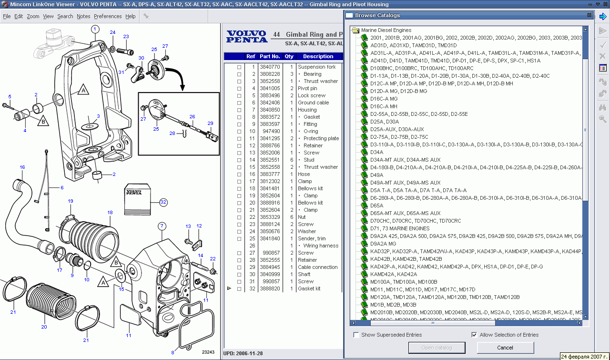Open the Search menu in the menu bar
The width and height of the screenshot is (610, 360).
click(65, 16)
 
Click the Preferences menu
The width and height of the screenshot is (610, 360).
click(108, 16)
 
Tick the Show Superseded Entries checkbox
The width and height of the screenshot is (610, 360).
click(356, 335)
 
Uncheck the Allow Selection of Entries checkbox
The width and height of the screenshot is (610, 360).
click(474, 335)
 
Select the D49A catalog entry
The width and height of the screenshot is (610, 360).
click(376, 175)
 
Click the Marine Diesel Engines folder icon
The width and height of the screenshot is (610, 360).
click(355, 30)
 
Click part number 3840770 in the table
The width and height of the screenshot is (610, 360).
click(270, 67)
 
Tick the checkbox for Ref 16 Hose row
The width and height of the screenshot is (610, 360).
click(239, 175)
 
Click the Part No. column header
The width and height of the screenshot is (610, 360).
click(270, 56)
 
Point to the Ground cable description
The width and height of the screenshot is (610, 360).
click(313, 103)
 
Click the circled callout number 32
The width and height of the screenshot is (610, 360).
click(163, 202)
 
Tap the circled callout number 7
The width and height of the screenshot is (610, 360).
click(162, 226)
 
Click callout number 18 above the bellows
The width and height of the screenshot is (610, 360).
click(110, 212)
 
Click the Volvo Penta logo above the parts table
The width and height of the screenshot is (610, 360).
click(246, 37)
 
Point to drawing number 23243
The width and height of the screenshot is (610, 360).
click(208, 352)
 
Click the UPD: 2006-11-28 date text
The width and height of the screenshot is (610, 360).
click(243, 353)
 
